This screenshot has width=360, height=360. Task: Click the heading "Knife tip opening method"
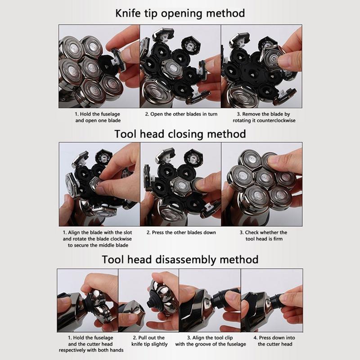(180, 13)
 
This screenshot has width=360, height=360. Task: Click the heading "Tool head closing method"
(180, 134)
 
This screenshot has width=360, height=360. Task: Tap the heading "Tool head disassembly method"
(180, 260)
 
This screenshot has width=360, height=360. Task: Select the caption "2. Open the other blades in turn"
(181, 114)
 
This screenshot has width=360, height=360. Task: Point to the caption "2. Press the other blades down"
(181, 232)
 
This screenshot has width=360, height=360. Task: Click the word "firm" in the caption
(278, 239)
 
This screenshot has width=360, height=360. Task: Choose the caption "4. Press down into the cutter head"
(274, 341)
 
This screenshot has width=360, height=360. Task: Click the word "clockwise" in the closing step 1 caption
(121, 239)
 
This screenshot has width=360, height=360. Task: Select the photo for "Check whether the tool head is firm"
(262, 184)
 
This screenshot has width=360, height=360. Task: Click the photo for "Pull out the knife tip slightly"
(148, 301)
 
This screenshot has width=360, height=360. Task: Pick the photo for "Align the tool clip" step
(210, 301)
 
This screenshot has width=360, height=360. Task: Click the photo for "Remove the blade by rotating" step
(261, 66)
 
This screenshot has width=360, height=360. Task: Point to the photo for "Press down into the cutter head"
(272, 301)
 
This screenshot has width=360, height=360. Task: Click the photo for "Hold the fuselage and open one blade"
(99, 66)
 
